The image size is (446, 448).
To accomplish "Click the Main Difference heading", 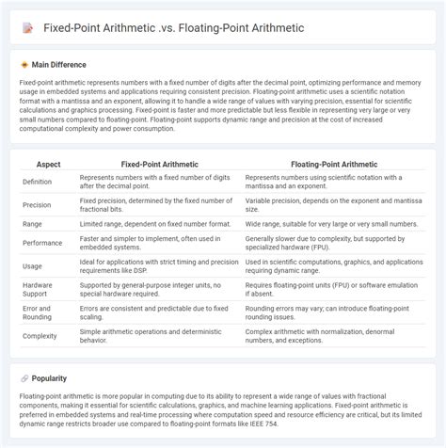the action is pos(58,65).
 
